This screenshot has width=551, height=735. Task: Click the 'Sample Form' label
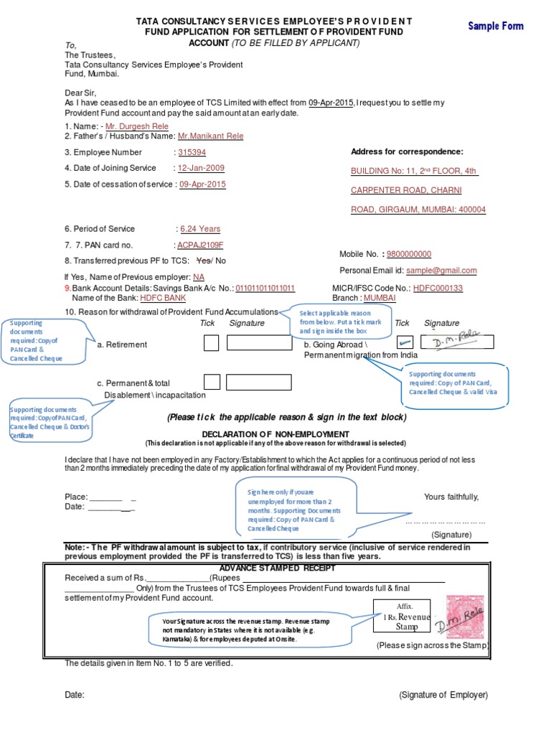[496, 27]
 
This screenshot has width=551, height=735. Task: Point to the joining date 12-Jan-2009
[202, 168]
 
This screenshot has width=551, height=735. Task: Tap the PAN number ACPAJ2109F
[200, 245]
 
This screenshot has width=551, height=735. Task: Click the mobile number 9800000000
[409, 254]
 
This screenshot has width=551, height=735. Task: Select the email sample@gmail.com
[441, 271]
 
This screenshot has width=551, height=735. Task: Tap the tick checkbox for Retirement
[211, 343]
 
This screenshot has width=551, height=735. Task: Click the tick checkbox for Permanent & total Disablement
[211, 381]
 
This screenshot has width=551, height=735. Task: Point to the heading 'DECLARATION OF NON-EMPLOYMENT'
[275, 434]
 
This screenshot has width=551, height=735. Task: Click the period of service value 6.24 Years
[200, 229]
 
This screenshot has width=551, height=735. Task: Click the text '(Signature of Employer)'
[443, 695]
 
